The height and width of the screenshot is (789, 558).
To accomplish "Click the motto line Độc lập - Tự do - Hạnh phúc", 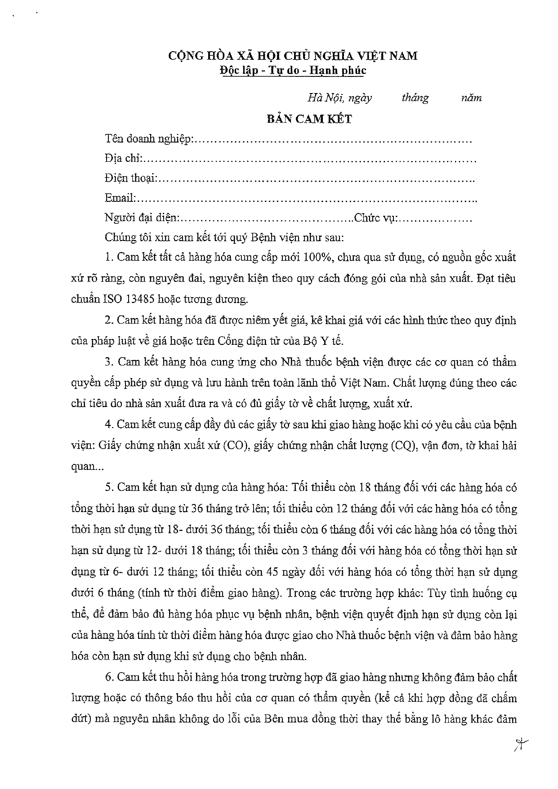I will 293,71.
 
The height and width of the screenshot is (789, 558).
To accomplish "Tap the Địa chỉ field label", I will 123,159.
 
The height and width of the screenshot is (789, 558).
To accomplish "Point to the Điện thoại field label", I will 130,178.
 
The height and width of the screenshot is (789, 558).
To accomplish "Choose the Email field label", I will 119,198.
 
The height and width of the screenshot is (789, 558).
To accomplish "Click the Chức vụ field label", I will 374,218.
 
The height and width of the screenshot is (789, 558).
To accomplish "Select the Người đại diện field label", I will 141,218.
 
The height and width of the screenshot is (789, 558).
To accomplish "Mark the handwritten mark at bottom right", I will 520,744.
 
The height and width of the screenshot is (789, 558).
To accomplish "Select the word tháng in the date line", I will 415,98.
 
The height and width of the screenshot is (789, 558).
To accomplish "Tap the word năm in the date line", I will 472,98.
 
